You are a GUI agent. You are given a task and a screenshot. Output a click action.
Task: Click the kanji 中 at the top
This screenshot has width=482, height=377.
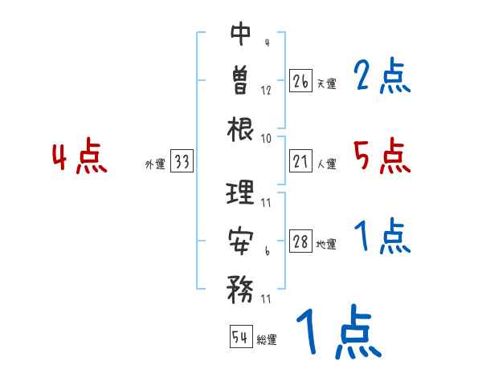pos(241,33)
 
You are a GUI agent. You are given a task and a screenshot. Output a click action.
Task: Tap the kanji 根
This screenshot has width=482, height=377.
pos(241,128)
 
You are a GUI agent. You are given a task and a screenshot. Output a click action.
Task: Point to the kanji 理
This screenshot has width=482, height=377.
pos(241,193)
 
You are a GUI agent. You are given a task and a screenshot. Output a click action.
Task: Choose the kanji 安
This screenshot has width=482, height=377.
pos(241,239)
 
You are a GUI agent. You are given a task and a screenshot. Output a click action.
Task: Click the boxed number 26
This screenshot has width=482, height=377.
pos(300,81)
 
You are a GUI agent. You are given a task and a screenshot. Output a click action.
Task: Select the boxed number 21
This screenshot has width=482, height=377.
pos(300,162)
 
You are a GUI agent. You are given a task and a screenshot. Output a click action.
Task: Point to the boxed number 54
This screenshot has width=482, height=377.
pos(240,337)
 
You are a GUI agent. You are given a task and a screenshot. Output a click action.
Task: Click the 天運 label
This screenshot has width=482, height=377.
pos(326,83)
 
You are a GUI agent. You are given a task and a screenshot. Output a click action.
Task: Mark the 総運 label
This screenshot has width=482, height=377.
pos(266,339)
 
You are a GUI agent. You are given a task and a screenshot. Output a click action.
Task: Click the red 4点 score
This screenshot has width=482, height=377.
pos(80,157)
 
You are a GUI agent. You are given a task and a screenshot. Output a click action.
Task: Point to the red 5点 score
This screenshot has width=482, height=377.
pos(382,156)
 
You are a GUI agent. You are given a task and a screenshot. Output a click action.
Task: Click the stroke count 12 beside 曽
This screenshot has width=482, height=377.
pos(266,90)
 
